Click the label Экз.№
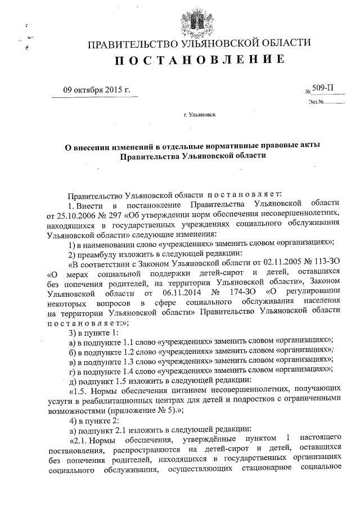pos(315,102)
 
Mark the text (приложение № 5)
pos(137,410)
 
